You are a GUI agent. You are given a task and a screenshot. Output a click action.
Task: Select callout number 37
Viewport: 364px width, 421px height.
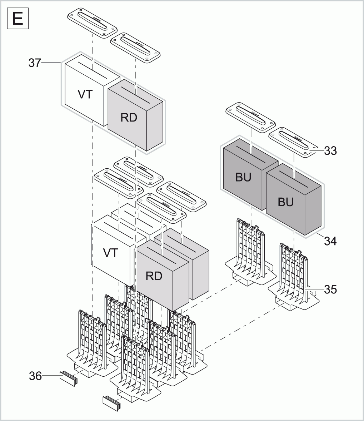pos(35,63)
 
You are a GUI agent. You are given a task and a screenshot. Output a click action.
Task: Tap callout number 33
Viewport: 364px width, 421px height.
pos(330,151)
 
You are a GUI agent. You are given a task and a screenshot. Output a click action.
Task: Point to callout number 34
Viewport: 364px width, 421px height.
pos(330,241)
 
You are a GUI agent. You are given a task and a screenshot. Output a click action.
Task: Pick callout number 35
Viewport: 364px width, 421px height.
pos(330,289)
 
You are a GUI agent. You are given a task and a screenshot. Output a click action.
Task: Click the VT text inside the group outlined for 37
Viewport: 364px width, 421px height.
pos(85,95)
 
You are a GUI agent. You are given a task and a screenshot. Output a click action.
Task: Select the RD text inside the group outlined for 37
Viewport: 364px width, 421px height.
pos(129,118)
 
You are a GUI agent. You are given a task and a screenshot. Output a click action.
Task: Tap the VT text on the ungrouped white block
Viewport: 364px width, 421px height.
pos(110,253)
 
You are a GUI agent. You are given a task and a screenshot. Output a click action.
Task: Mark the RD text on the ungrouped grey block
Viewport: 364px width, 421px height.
pos(154,276)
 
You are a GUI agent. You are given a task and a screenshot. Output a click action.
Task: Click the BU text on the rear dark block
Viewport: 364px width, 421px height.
pos(243,178)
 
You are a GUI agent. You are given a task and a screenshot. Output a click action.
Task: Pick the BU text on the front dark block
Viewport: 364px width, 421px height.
pos(286,202)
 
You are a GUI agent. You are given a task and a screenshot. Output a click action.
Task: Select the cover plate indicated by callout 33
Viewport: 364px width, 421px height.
pos(293,142)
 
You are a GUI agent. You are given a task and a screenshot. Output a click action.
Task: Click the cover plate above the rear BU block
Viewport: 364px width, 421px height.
pos(250,116)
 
